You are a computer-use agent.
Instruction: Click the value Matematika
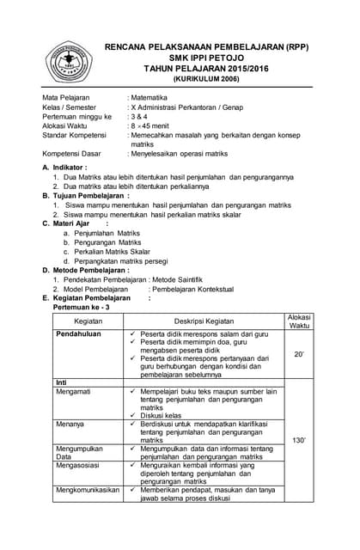coord(149,98)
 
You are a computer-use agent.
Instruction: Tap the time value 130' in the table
coord(299,440)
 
